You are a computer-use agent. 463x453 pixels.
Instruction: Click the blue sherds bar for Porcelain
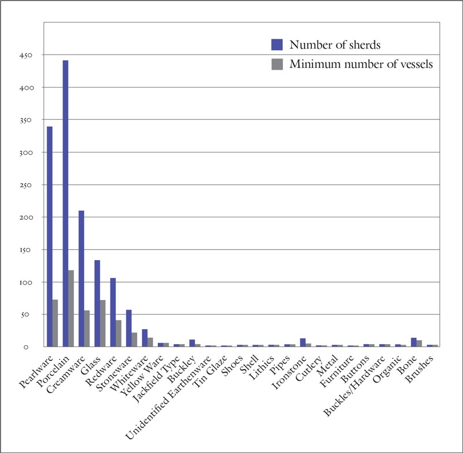click(x=65, y=203)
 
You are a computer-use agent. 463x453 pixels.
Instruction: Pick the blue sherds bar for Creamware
click(x=81, y=278)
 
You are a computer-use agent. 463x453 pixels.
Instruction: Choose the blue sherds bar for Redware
click(x=113, y=312)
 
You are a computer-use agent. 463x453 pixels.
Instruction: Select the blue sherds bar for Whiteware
click(x=145, y=338)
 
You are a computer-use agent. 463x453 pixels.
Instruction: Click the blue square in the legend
click(x=277, y=45)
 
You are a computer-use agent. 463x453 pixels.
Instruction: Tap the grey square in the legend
click(x=277, y=64)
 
